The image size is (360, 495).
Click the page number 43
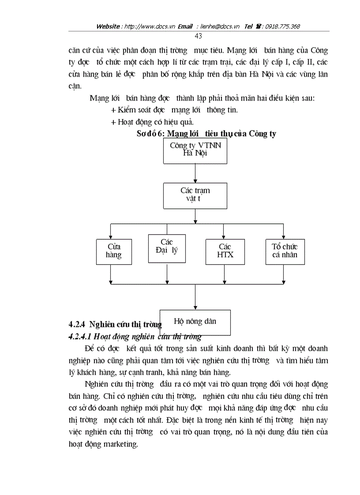point(198,36)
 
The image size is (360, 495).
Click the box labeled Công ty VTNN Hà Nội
point(195,150)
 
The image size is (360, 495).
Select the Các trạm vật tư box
point(195,195)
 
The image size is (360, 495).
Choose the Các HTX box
point(225,251)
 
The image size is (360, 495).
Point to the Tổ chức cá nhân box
point(285,251)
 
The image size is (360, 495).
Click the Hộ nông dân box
point(195,321)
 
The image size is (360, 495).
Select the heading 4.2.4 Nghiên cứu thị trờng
point(115,325)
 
